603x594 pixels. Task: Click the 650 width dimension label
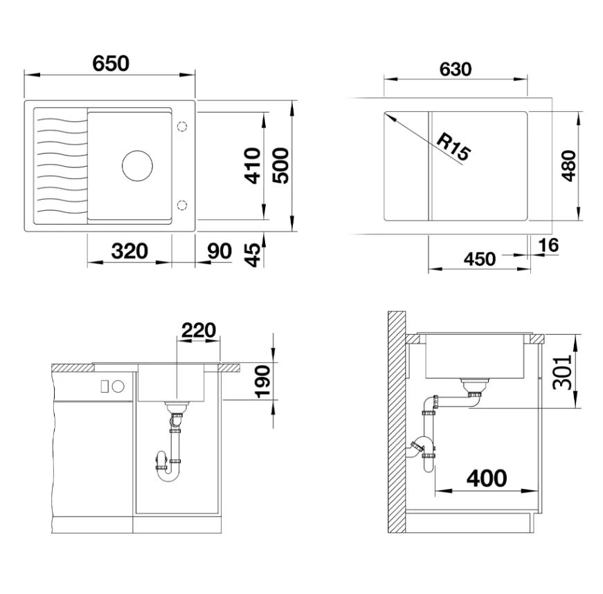111,64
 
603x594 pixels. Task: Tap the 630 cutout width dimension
456,70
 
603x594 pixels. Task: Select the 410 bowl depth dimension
253,165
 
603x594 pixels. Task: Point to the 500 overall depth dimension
280,165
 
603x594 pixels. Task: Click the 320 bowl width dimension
129,251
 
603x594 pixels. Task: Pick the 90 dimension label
219,251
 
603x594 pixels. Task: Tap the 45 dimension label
253,255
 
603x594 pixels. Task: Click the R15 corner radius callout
453,147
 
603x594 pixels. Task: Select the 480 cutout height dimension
569,165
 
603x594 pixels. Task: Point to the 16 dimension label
548,245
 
